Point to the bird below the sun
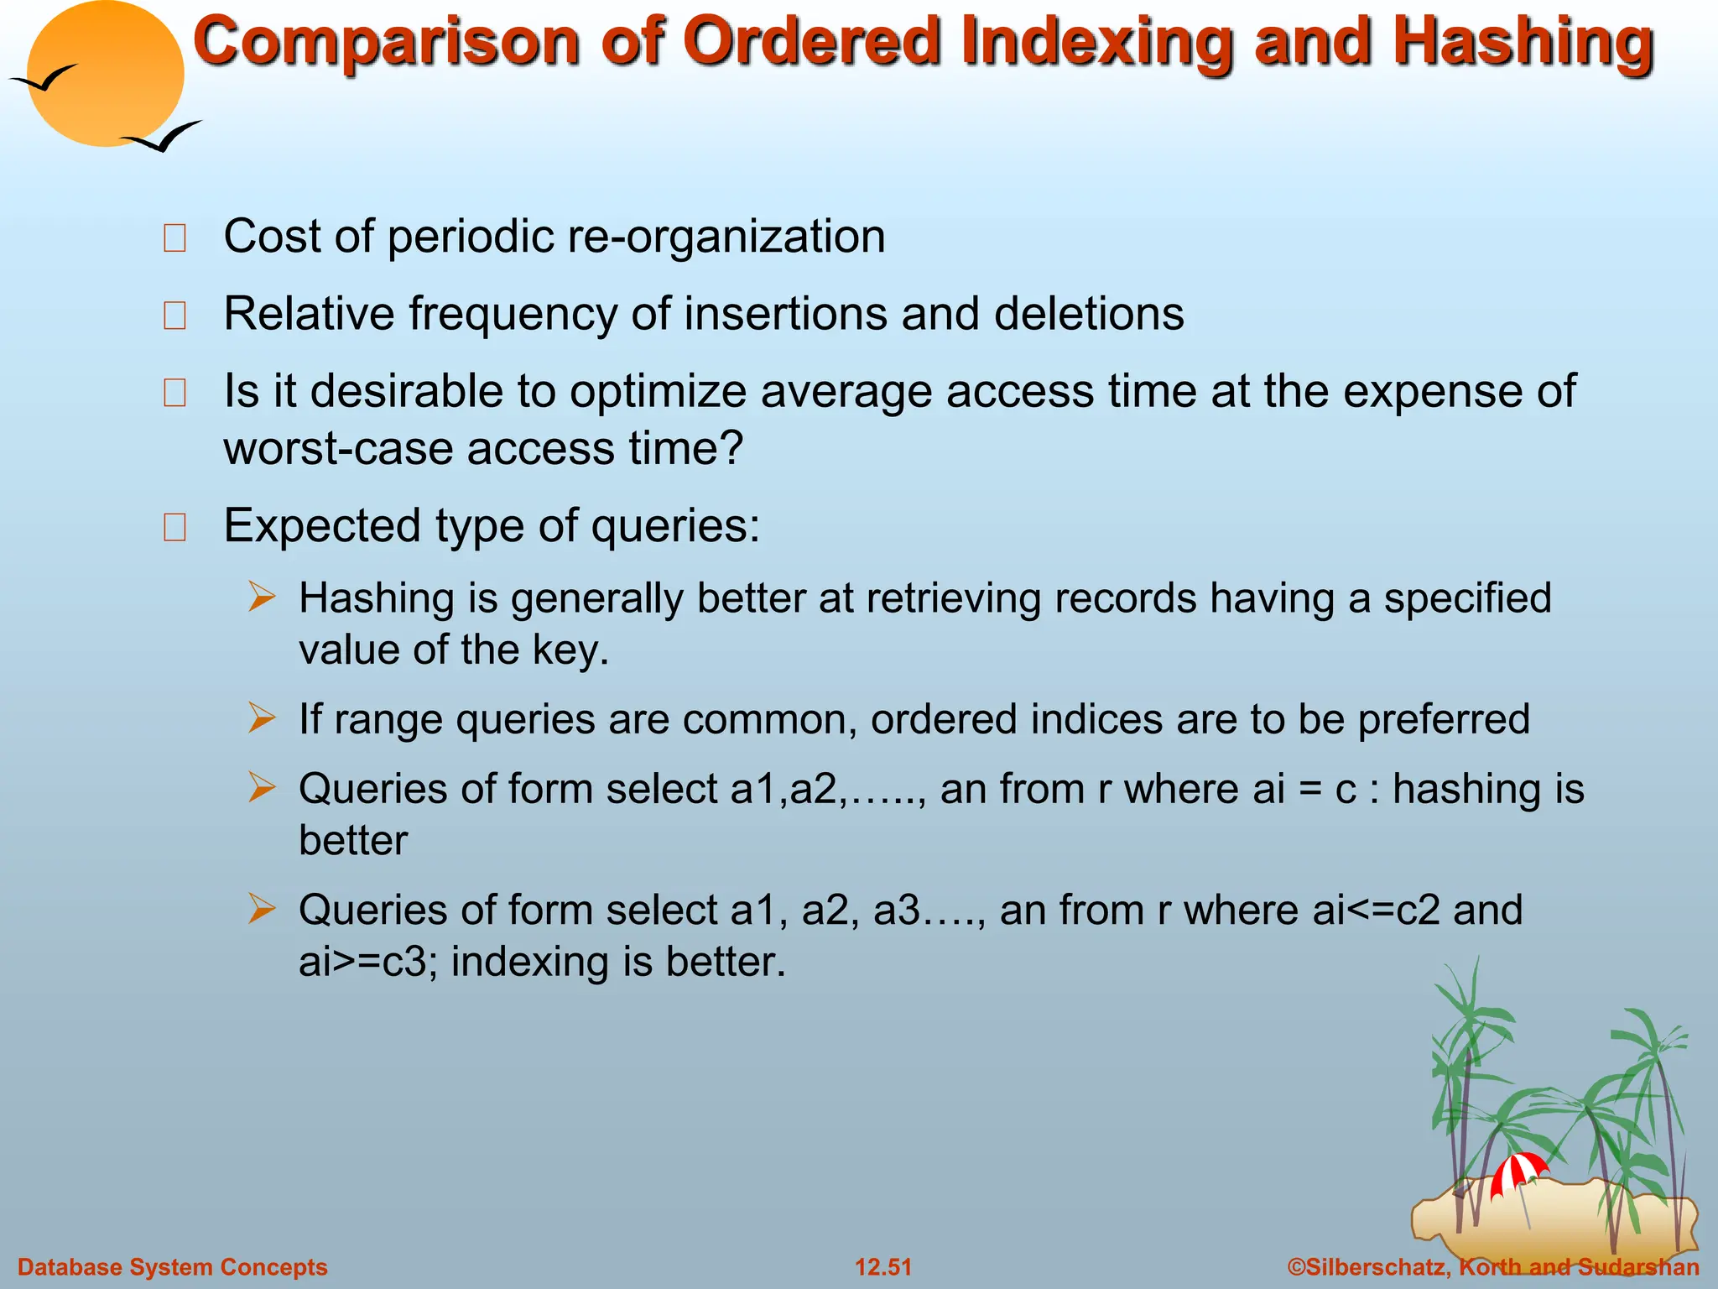tap(164, 137)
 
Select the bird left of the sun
tap(44, 80)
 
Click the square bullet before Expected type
tap(174, 528)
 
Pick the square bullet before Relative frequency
tap(174, 316)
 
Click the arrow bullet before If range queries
tap(262, 718)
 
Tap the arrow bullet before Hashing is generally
tap(262, 598)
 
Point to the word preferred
tap(1444, 720)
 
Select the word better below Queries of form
tap(353, 841)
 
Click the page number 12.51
tap(882, 1267)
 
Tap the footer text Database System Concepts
tap(173, 1267)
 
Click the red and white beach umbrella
tap(1518, 1171)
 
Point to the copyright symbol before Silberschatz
tap(1296, 1267)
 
